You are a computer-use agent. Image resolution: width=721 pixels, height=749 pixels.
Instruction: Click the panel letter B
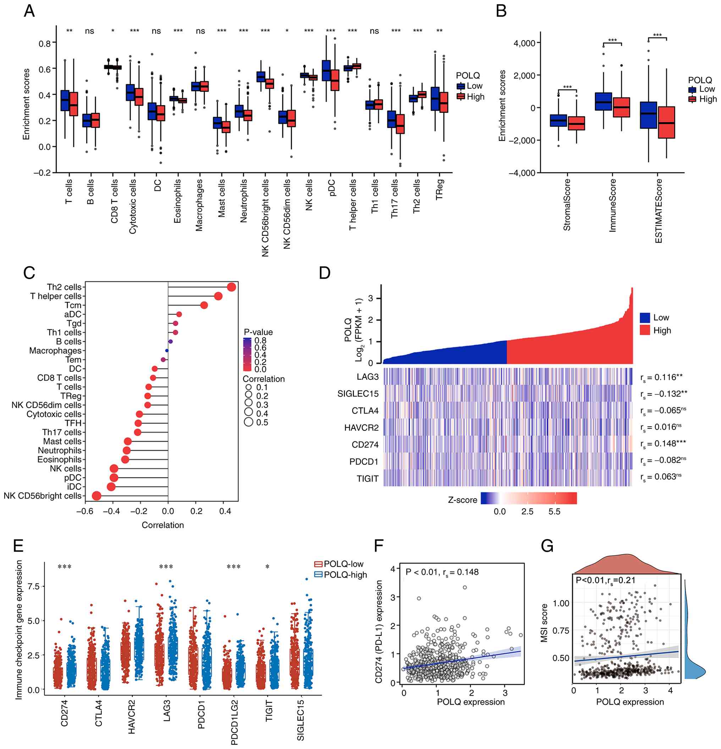click(501, 11)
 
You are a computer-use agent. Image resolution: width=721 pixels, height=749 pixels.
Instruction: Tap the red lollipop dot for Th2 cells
click(231, 287)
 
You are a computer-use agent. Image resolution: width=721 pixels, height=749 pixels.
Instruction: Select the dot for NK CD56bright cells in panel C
click(97, 496)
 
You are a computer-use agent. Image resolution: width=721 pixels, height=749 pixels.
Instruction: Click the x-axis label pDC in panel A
click(331, 188)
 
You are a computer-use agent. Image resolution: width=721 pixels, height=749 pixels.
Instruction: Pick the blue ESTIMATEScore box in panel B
click(648, 115)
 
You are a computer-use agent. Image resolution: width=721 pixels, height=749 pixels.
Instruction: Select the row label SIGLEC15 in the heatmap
click(358, 394)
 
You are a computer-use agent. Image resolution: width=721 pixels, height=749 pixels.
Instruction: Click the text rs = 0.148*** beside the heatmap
click(663, 444)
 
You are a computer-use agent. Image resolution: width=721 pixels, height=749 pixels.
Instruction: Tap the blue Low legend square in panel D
click(645, 317)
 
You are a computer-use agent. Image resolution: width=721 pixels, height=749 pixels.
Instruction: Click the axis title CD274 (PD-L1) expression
click(379, 632)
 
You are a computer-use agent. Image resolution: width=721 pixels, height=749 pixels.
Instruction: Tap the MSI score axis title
click(544, 623)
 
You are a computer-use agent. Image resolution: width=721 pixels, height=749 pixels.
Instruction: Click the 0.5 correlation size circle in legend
click(249, 422)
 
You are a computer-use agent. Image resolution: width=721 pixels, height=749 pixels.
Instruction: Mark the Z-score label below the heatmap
click(462, 500)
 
